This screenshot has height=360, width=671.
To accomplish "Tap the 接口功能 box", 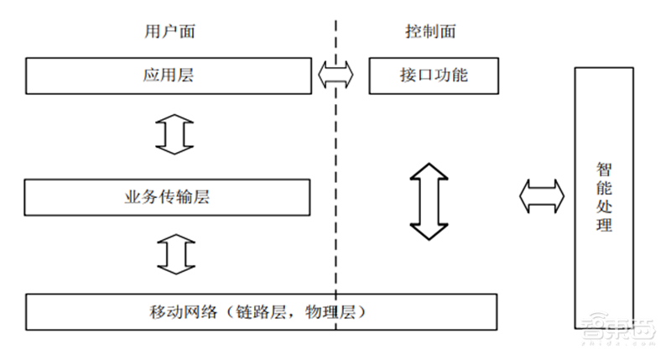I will pyautogui.click(x=434, y=76).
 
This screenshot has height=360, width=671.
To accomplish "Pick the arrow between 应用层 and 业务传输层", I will pyautogui.click(x=174, y=134).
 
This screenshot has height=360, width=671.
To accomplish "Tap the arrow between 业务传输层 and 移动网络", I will pyautogui.click(x=174, y=254).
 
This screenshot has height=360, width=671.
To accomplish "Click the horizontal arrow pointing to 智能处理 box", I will pyautogui.click(x=541, y=196).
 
